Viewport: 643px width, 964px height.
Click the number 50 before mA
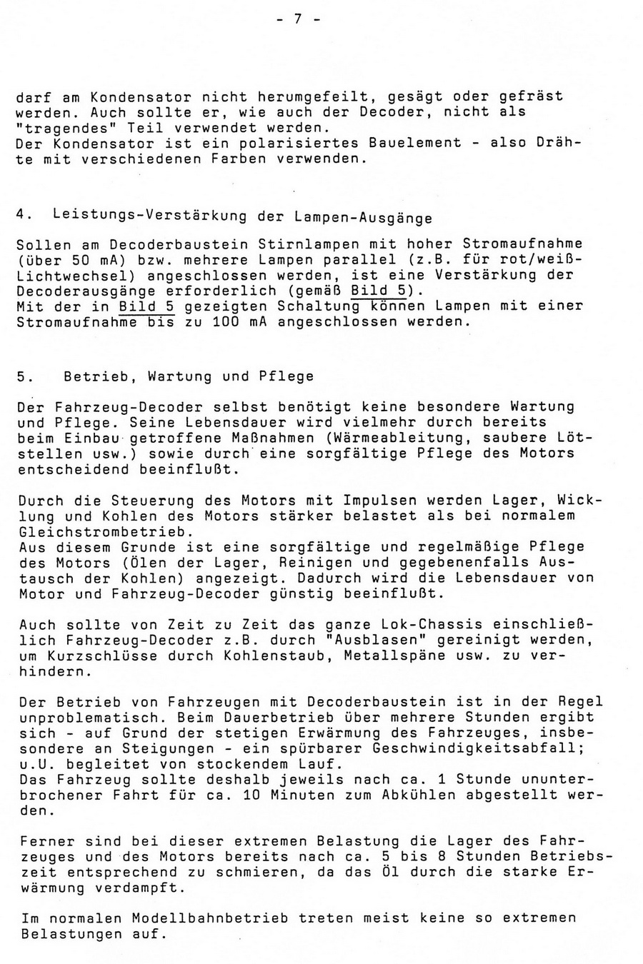(84, 259)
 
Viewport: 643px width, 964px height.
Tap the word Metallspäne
(377, 656)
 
